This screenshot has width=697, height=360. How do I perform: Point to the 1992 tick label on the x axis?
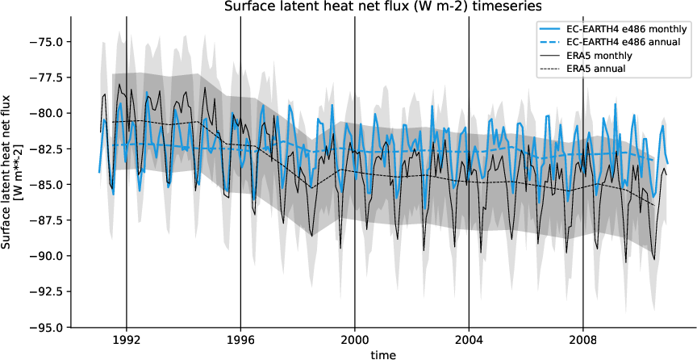point(127,340)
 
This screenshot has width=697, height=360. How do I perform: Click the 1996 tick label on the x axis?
point(240,340)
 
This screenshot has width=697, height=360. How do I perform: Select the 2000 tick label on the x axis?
point(355,340)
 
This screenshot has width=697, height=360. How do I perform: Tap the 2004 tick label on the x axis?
point(470,340)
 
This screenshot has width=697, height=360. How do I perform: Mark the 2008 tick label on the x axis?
point(583,340)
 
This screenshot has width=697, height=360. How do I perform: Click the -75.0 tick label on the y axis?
point(50,42)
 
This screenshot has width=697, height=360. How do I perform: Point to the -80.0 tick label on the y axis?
point(50,113)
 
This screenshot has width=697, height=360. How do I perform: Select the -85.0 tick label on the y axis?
point(50,185)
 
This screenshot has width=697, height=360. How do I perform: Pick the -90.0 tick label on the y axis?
point(50,256)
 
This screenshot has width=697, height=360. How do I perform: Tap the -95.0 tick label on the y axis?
point(50,328)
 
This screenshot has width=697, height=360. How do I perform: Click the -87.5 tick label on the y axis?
point(50,220)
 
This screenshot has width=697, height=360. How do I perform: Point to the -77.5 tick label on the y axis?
point(50,77)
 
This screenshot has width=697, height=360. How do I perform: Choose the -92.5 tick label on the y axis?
point(50,291)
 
